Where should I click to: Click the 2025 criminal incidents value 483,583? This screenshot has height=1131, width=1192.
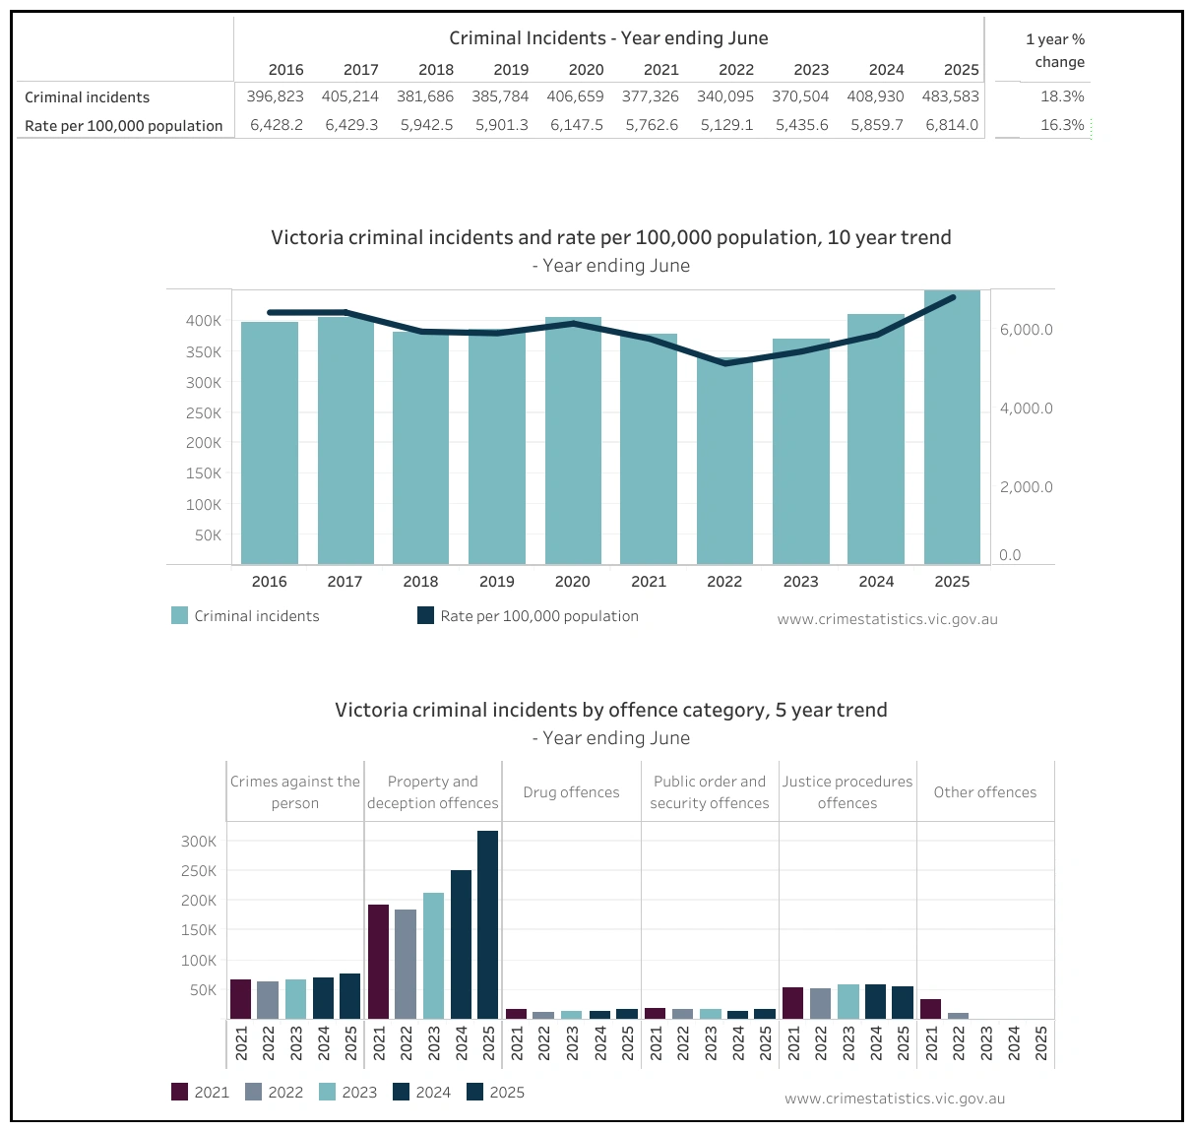tap(950, 96)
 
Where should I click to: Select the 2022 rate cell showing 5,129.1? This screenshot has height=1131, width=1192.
tap(725, 125)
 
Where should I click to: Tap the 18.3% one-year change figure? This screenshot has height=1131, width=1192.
tap(1062, 96)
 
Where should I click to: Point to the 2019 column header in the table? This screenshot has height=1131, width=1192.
tap(511, 70)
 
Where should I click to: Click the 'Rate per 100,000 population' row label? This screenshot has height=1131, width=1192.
tap(124, 126)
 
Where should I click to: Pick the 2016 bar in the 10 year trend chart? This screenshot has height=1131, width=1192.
tap(270, 443)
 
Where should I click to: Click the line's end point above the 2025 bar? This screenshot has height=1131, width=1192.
tap(952, 297)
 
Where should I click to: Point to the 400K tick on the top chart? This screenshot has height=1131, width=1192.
tap(204, 321)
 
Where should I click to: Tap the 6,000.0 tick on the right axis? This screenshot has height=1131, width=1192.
tap(1026, 330)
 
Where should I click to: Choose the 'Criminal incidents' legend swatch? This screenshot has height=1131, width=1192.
tap(179, 616)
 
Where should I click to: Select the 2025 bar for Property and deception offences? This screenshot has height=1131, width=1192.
tap(487, 925)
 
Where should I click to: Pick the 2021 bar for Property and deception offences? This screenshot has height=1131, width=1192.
tap(378, 962)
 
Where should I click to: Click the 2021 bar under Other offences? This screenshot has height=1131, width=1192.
tap(930, 1009)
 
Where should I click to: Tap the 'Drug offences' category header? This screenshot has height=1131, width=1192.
tap(571, 792)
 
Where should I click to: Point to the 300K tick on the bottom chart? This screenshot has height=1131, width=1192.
tap(199, 842)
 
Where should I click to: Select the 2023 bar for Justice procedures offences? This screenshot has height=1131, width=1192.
tap(848, 1001)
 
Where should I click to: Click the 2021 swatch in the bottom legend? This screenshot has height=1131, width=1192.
tap(179, 1092)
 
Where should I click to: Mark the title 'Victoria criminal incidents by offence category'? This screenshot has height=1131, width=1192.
tap(610, 711)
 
